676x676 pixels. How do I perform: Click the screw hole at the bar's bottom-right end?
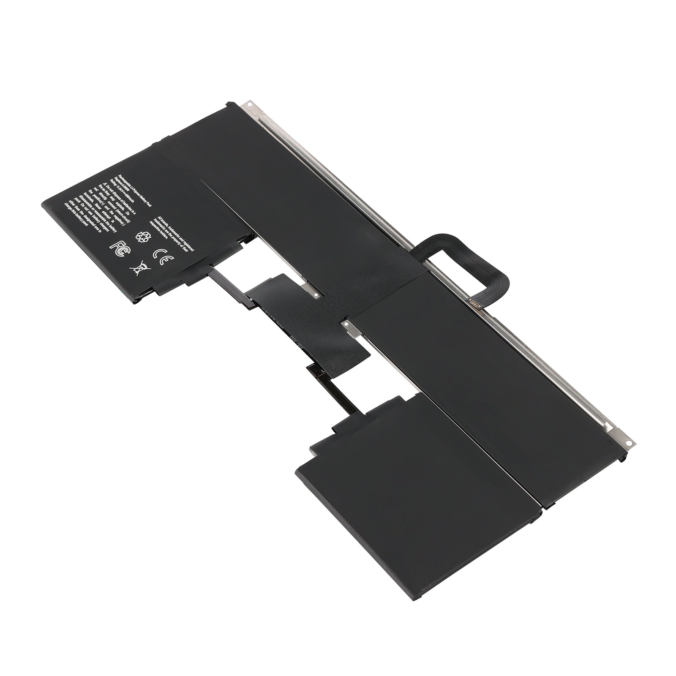pyautogui.click(x=628, y=444)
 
